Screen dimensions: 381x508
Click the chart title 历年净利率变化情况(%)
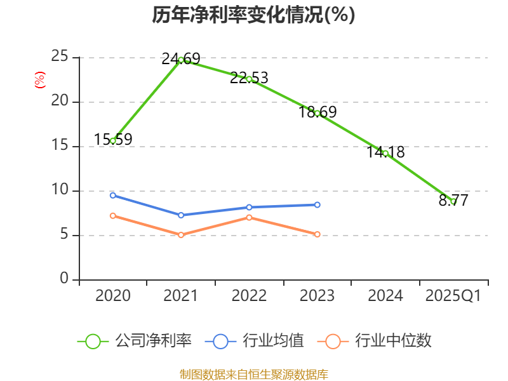click(253, 15)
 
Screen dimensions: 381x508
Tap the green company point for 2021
click(181, 60)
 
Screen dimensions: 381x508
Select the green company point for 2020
click(113, 140)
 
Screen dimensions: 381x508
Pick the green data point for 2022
click(249, 79)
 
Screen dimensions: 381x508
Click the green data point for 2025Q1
click(453, 201)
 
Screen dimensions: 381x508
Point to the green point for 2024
click(385, 153)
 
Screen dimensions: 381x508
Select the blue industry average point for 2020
click(113, 195)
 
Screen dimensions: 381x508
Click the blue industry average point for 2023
click(317, 204)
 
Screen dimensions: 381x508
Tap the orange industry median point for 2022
click(249, 217)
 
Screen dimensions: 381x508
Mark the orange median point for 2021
click(181, 235)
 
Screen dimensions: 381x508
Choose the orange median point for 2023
click(317, 234)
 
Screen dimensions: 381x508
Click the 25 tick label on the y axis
click(60, 57)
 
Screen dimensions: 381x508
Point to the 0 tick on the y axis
click(64, 279)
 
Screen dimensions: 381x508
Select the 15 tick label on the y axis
click(60, 146)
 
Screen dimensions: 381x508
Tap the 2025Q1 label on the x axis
click(453, 296)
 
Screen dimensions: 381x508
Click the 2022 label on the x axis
click(249, 296)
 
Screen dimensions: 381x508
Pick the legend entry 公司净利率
click(135, 341)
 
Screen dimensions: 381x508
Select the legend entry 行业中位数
click(378, 341)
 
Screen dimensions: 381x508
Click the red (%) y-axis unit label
click(40, 80)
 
